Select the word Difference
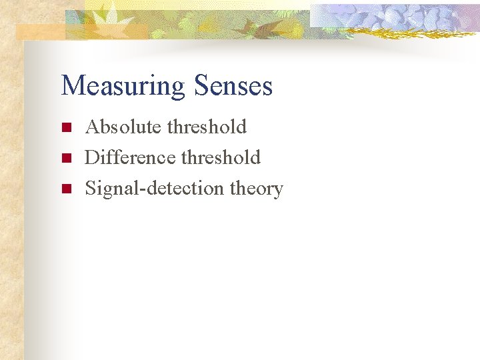(130, 157)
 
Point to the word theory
(257, 189)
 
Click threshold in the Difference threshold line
(221, 157)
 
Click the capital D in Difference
(93, 157)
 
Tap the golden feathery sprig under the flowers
(393, 30)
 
